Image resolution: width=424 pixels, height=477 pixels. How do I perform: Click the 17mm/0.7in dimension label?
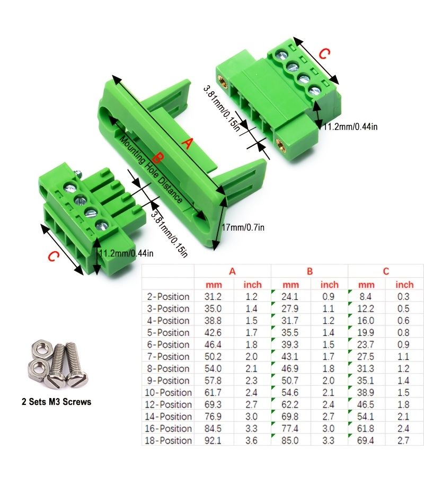[243, 227]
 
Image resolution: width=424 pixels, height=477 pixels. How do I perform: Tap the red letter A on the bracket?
[188, 143]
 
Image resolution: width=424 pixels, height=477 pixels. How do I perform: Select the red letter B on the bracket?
[157, 158]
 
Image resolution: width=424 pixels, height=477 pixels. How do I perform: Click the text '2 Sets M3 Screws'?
[56, 402]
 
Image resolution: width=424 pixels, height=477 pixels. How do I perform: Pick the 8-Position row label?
[168, 368]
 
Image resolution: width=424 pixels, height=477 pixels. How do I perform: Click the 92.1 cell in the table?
[213, 440]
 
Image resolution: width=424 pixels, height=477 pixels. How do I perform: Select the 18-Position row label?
[168, 440]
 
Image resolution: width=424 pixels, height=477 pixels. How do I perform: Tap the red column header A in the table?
[232, 271]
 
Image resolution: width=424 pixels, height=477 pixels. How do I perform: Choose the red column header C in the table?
[386, 271]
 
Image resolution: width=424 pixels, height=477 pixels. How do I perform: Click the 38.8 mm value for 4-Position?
[213, 320]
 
